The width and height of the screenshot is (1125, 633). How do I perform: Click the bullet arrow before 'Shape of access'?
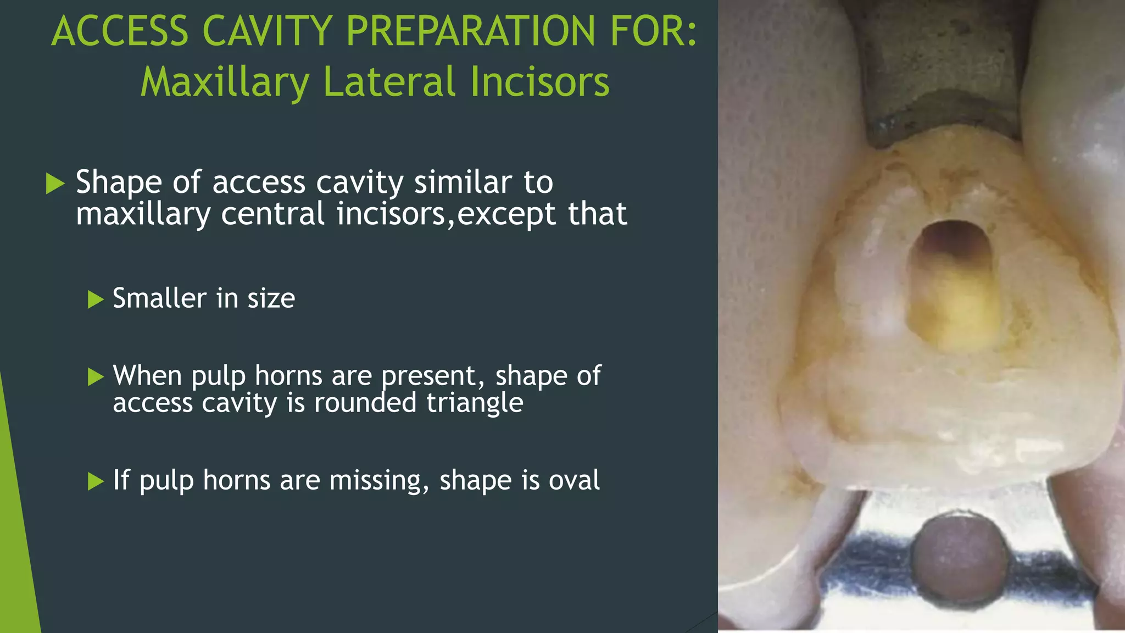[x=55, y=183]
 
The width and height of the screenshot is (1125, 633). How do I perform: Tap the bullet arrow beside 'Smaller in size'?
[x=96, y=299]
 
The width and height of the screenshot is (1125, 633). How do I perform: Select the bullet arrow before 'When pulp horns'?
[x=96, y=377]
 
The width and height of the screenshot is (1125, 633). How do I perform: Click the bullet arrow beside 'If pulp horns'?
[x=96, y=481]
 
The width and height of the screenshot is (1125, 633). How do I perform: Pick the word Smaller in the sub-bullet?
[x=159, y=298]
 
